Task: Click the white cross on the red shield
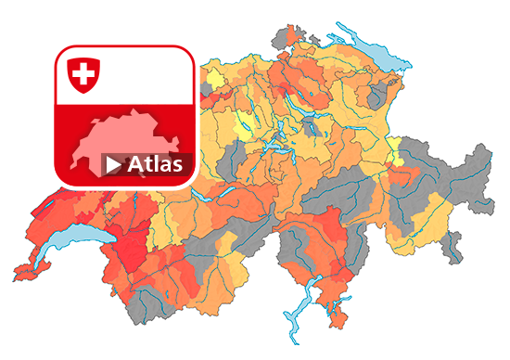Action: [x=82, y=73]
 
